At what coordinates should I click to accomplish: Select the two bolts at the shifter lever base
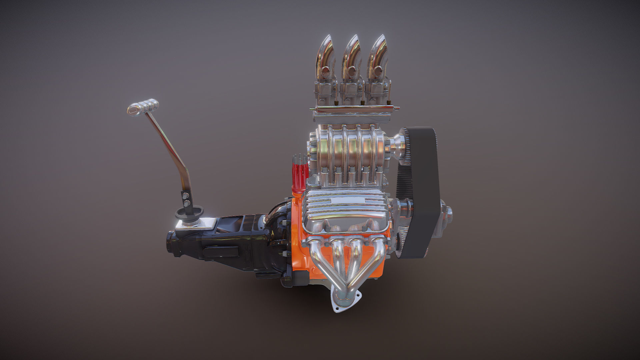(x=186, y=199)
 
